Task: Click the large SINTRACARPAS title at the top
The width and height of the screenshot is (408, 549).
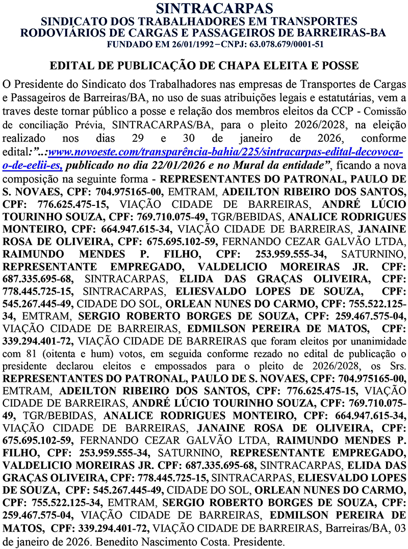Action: point(204,9)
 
